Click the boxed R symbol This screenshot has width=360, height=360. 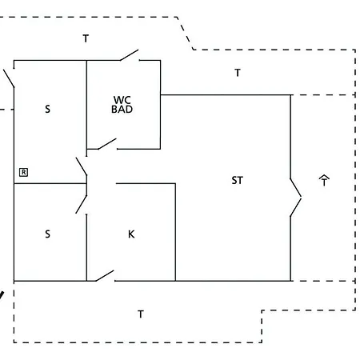tap(23, 172)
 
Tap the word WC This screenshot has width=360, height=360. tap(122, 100)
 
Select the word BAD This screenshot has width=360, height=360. tap(122, 109)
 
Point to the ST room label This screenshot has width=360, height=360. tap(238, 181)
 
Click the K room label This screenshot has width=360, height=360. tap(131, 234)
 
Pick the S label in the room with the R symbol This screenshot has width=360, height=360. tap(47, 109)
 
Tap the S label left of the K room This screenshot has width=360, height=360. tap(47, 234)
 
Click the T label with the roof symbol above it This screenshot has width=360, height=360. tap(324, 182)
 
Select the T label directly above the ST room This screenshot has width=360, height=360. tap(238, 73)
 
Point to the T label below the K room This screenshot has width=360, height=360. tap(141, 314)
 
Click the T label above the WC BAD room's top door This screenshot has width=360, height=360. tap(86, 38)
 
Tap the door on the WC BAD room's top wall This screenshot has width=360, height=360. tap(130, 55)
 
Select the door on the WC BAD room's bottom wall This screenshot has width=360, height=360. tap(107, 144)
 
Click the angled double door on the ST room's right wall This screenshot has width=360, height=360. tap(296, 198)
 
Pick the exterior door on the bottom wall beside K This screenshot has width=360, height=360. tap(105, 276)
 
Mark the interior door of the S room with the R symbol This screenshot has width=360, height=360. tap(82, 166)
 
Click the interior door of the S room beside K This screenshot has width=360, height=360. tap(82, 205)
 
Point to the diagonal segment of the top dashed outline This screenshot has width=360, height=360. tap(185, 34)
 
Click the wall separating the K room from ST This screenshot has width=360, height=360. tap(175, 232)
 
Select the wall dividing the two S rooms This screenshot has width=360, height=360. tap(50, 183)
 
